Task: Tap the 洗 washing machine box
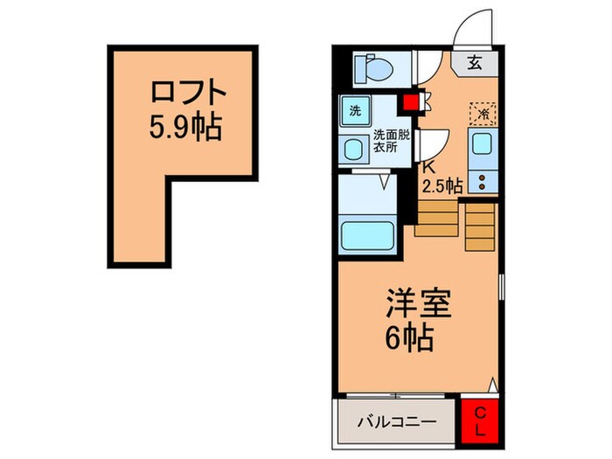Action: [x=355, y=111]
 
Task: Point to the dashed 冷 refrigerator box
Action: [x=483, y=113]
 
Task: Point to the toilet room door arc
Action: [x=430, y=68]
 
